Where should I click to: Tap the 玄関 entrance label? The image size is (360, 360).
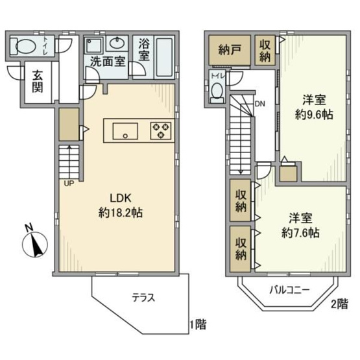click(38, 82)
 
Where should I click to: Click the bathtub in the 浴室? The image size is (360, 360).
click(164, 57)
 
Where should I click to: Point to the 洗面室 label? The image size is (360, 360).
click(108, 62)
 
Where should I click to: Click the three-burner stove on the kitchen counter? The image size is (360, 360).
click(161, 131)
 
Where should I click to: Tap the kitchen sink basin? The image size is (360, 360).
click(125, 131)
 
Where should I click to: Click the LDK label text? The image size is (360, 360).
click(121, 198)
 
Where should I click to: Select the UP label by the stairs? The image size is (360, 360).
click(69, 184)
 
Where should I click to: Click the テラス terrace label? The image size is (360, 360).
click(143, 298)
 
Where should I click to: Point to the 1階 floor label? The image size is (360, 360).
click(198, 324)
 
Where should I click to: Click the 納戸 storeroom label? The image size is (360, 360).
click(230, 50)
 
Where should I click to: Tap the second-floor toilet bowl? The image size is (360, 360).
click(217, 91)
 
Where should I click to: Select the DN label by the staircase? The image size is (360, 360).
click(260, 104)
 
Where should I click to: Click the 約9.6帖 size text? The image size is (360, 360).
click(314, 114)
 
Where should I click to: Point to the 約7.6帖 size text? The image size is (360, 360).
click(300, 233)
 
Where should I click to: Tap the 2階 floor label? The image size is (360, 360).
click(339, 304)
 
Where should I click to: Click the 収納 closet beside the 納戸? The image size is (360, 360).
click(265, 51)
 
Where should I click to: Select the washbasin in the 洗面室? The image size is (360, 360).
click(117, 43)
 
